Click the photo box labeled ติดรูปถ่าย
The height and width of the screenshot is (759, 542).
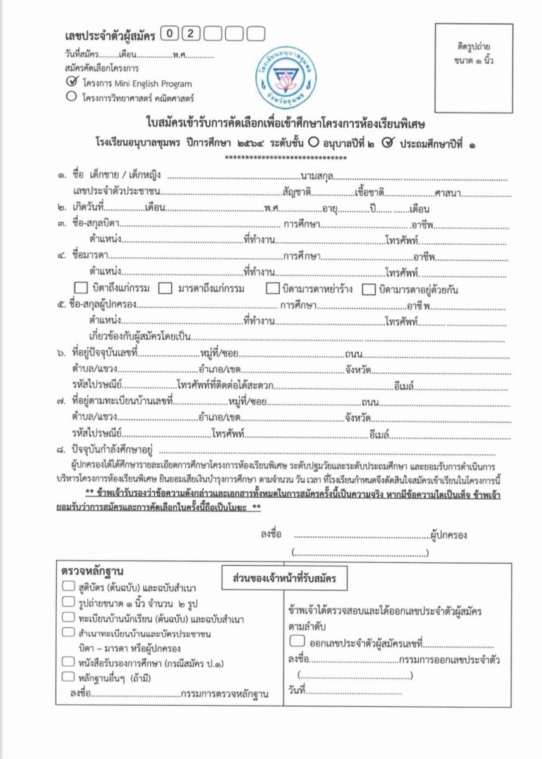(x=473, y=68)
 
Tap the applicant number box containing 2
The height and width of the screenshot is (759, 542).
(x=191, y=34)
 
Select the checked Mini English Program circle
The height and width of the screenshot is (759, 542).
(x=71, y=82)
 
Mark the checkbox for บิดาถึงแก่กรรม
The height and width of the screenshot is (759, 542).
(x=81, y=289)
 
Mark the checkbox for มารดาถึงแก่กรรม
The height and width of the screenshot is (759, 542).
(x=166, y=289)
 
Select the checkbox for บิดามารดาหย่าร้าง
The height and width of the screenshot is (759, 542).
(x=273, y=289)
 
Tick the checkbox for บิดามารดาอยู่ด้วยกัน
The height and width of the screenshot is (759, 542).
(x=369, y=289)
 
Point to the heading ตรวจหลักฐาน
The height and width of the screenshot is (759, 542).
(x=93, y=571)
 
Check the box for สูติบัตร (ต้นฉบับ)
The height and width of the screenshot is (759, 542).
(x=69, y=586)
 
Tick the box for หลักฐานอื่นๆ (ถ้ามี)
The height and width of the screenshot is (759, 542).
(x=69, y=677)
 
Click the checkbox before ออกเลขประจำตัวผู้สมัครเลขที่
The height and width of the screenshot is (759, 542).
(x=297, y=641)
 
